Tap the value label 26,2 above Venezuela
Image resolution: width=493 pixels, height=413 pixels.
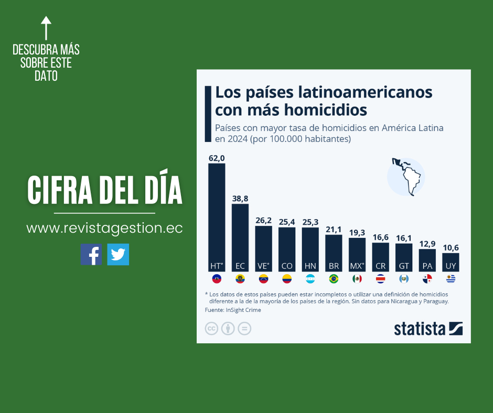[x=263, y=221]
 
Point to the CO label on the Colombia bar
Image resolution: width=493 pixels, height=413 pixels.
[x=287, y=266]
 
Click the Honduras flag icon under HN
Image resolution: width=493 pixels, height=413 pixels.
[x=310, y=279]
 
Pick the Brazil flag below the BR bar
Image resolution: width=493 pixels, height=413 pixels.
[x=334, y=279]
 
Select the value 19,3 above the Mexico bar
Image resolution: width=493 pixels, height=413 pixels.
[x=357, y=232]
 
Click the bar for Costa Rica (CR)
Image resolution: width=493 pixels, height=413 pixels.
[x=380, y=257]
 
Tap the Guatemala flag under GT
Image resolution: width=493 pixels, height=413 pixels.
[x=403, y=279]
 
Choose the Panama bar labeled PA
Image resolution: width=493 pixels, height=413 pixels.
[x=427, y=260]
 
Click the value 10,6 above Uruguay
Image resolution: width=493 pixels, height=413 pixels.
[x=451, y=247]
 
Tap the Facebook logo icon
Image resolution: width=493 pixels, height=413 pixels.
[x=91, y=255]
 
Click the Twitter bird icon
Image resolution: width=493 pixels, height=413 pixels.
[x=118, y=255]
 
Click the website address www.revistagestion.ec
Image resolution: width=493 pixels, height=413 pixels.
[x=104, y=229]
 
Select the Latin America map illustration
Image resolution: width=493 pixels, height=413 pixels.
[x=405, y=177]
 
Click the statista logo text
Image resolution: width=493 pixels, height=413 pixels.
[x=420, y=329]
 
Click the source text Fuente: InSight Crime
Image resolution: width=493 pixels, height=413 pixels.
[x=233, y=310]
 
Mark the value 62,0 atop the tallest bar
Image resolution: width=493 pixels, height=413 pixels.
[x=217, y=158]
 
